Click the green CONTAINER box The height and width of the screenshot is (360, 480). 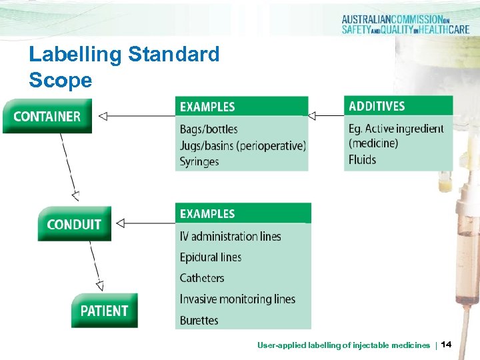pyautogui.click(x=47, y=116)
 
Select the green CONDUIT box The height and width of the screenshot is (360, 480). pyautogui.click(x=74, y=224)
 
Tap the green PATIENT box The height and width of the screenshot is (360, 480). pyautogui.click(x=104, y=311)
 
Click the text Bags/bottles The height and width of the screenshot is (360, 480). pyautogui.click(x=209, y=129)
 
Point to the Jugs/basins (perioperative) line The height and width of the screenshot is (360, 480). pyautogui.click(x=243, y=145)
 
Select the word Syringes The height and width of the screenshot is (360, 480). pyautogui.click(x=199, y=161)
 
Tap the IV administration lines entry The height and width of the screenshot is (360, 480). pyautogui.click(x=230, y=236)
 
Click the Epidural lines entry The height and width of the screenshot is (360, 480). pyautogui.click(x=211, y=257)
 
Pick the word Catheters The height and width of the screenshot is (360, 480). pyautogui.click(x=202, y=278)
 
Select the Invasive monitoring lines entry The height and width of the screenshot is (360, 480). pyautogui.click(x=237, y=299)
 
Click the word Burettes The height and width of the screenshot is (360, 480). pyautogui.click(x=199, y=321)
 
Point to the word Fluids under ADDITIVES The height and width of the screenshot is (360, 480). pyautogui.click(x=362, y=159)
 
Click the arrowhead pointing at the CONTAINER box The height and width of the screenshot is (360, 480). pyautogui.click(x=103, y=117)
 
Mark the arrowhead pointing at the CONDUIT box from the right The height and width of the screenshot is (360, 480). pyautogui.click(x=121, y=223)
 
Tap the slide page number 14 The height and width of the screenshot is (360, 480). pyautogui.click(x=446, y=344)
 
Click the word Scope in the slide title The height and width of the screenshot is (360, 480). pyautogui.click(x=61, y=81)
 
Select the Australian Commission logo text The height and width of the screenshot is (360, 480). pyautogui.click(x=405, y=24)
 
